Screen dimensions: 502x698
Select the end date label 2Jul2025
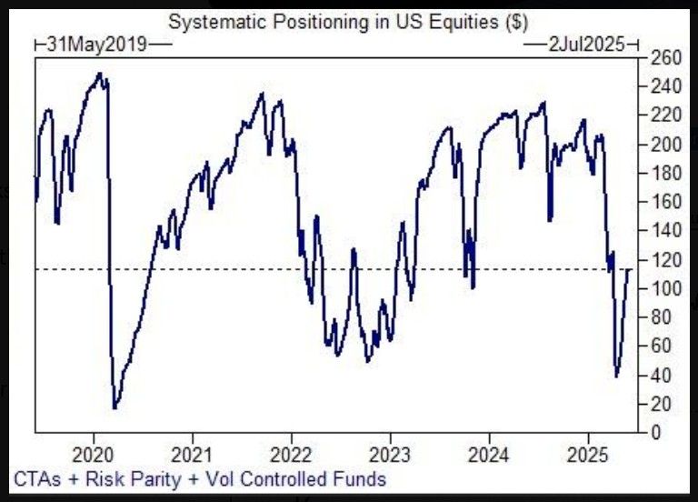coord(583,43)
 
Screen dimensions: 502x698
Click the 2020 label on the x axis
coord(95,454)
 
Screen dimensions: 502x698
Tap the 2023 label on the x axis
coord(390,454)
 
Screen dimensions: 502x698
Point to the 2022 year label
coord(291,454)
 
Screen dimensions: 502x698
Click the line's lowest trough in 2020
coord(115,408)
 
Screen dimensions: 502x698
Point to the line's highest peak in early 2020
coord(99,74)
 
